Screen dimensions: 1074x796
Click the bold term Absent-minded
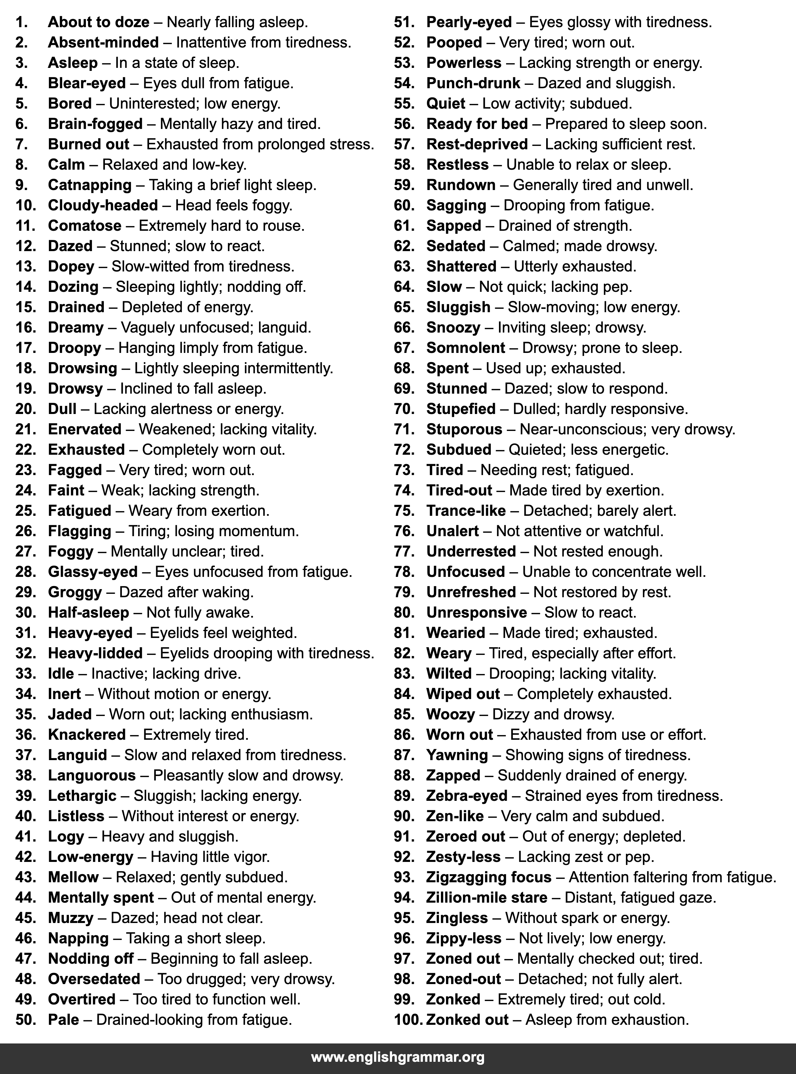[103, 43]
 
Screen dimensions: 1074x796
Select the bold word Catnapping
[90, 185]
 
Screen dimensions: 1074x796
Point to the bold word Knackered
[87, 734]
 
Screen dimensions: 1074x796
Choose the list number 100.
[408, 1020]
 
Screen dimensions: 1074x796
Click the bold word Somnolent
[465, 348]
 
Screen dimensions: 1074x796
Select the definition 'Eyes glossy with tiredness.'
[620, 22]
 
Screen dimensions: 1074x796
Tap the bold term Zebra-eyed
[466, 796]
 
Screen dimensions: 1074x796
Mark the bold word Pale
[63, 1020]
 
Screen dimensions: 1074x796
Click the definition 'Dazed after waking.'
[186, 592]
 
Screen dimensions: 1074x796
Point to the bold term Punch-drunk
[473, 83]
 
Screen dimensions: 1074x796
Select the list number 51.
[404, 22]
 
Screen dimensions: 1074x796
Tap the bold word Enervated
[85, 429]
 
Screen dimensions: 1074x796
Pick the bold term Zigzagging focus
[488, 877]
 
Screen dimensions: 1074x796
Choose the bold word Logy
[66, 836]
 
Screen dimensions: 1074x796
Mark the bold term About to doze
[98, 22]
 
